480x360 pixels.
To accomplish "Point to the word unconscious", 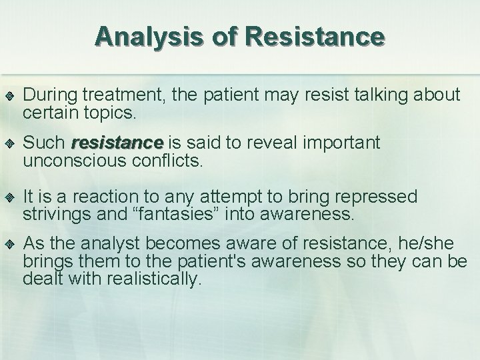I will [x=73, y=160].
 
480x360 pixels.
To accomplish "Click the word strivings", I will [x=52, y=214].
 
